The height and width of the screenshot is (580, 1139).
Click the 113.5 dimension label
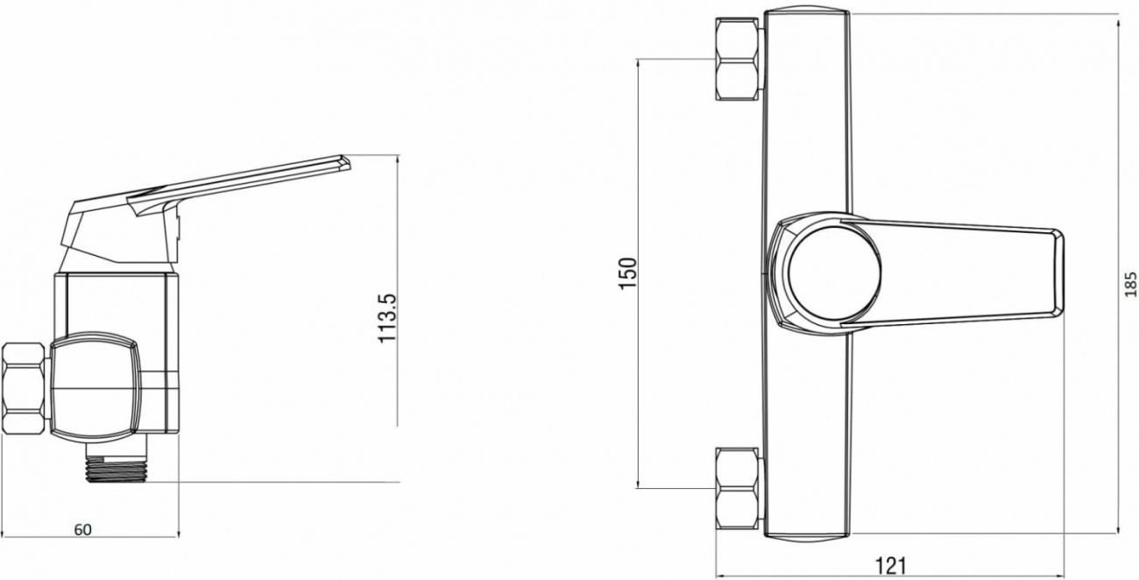tap(387, 318)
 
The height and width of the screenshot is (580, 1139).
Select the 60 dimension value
tap(83, 530)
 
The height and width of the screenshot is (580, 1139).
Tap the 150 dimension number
tap(627, 273)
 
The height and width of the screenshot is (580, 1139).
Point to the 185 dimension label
tap(1130, 284)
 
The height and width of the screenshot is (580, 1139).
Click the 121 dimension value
tap(890, 566)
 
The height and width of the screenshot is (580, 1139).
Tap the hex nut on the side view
tap(25, 389)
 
